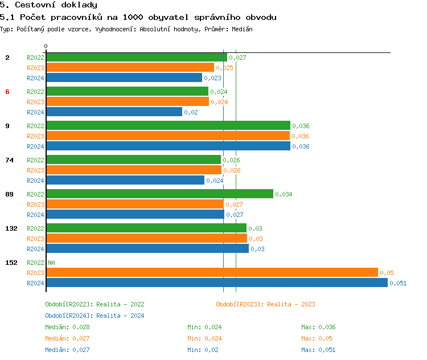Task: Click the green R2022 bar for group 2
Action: pyautogui.click(x=137, y=57)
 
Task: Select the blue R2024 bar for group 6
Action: pyautogui.click(x=114, y=112)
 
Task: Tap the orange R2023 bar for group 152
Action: pyautogui.click(x=212, y=272)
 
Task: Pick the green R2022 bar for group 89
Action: pyautogui.click(x=159, y=194)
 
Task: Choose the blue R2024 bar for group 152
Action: pyautogui.click(x=216, y=283)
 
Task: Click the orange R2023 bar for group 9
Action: pyautogui.click(x=168, y=136)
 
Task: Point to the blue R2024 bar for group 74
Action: pyautogui.click(x=125, y=180)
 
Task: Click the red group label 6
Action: pyautogui.click(x=7, y=92)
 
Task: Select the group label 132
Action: pyautogui.click(x=11, y=228)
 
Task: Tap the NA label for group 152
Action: pyautogui.click(x=51, y=263)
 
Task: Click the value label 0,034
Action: pyautogui.click(x=284, y=194)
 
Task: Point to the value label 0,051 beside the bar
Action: pyautogui.click(x=398, y=283)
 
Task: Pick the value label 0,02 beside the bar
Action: pyautogui.click(x=191, y=112)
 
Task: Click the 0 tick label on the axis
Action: pyautogui.click(x=46, y=46)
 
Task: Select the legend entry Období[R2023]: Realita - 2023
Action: pyautogui.click(x=265, y=304)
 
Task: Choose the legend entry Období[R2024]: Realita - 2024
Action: pyautogui.click(x=95, y=316)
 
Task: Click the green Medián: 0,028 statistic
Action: pyautogui.click(x=67, y=327)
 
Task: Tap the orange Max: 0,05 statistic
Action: pyautogui.click(x=317, y=338)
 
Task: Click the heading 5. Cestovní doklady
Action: pyautogui.click(x=48, y=5)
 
